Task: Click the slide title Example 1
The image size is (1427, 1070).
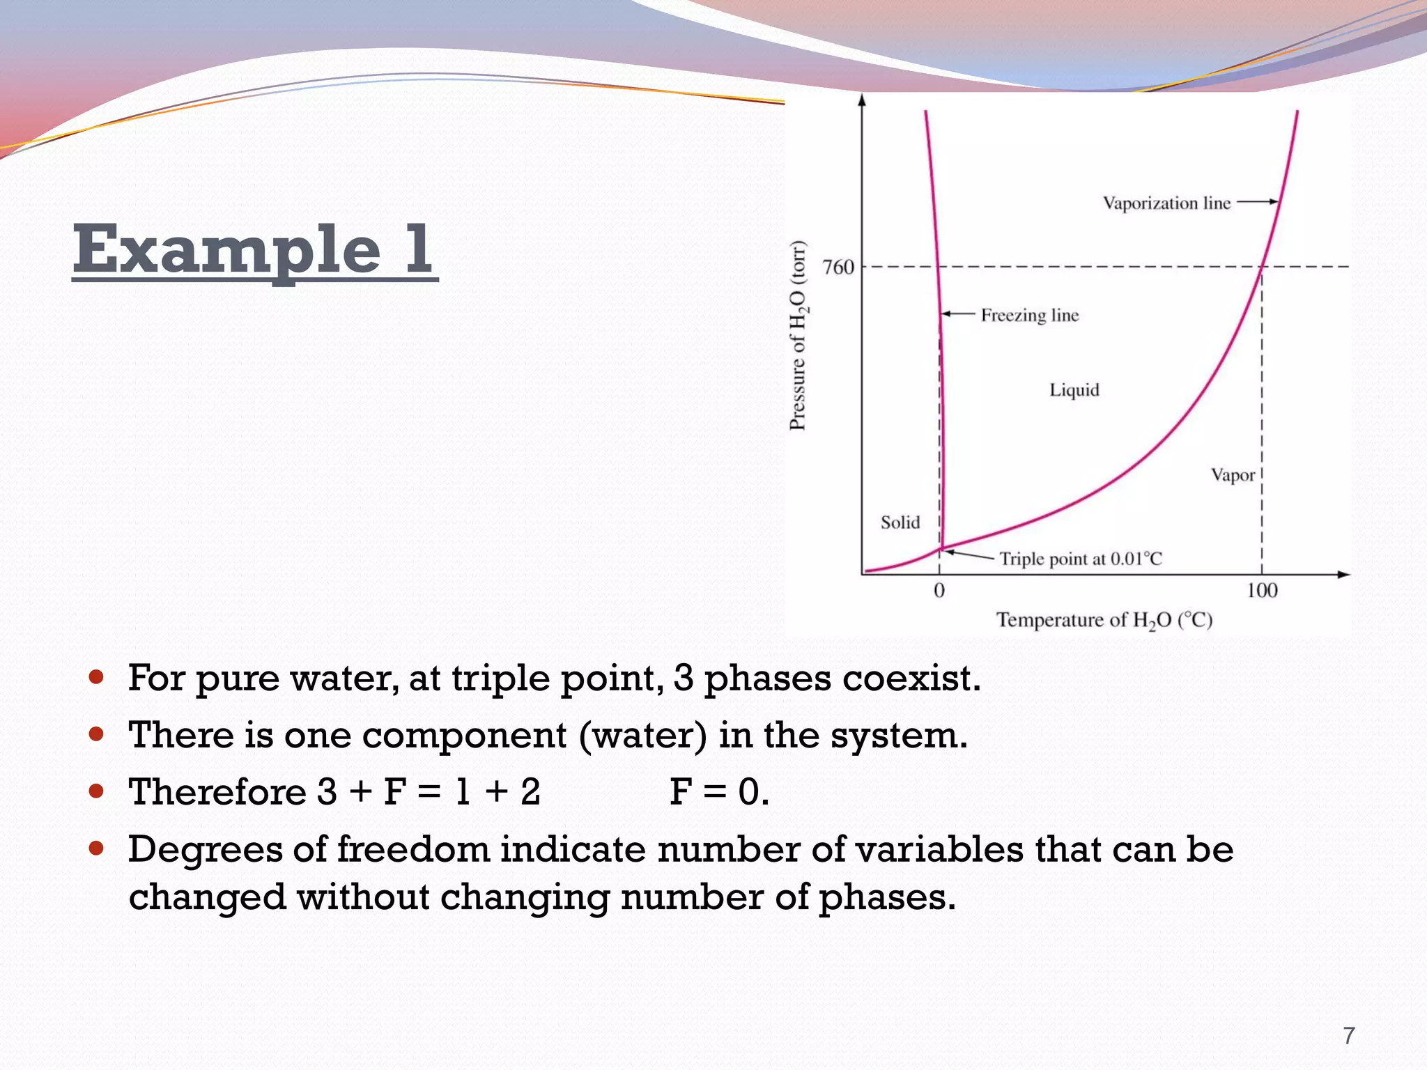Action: click(x=254, y=249)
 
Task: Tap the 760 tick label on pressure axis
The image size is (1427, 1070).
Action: click(x=838, y=267)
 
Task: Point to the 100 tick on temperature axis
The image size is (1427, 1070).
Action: click(x=1261, y=591)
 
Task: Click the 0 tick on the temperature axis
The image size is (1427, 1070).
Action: click(x=939, y=591)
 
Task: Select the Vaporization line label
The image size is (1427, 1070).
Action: click(x=1166, y=203)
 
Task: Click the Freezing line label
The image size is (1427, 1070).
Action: click(x=1029, y=316)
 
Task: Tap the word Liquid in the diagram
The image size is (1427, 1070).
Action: click(x=1074, y=390)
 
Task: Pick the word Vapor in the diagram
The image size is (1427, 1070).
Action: click(x=1232, y=476)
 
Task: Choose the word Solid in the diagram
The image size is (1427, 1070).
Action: click(x=900, y=522)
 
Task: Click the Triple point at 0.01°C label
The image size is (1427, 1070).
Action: click(x=1081, y=559)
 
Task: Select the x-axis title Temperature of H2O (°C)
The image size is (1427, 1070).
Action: click(x=1104, y=620)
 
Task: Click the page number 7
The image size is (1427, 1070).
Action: click(x=1349, y=1036)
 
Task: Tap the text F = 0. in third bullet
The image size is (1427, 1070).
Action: click(x=719, y=792)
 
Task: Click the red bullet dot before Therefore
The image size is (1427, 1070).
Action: click(x=97, y=791)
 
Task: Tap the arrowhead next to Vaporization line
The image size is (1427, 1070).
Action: click(x=1273, y=202)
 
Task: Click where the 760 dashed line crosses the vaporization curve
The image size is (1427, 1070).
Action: click(x=1262, y=267)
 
